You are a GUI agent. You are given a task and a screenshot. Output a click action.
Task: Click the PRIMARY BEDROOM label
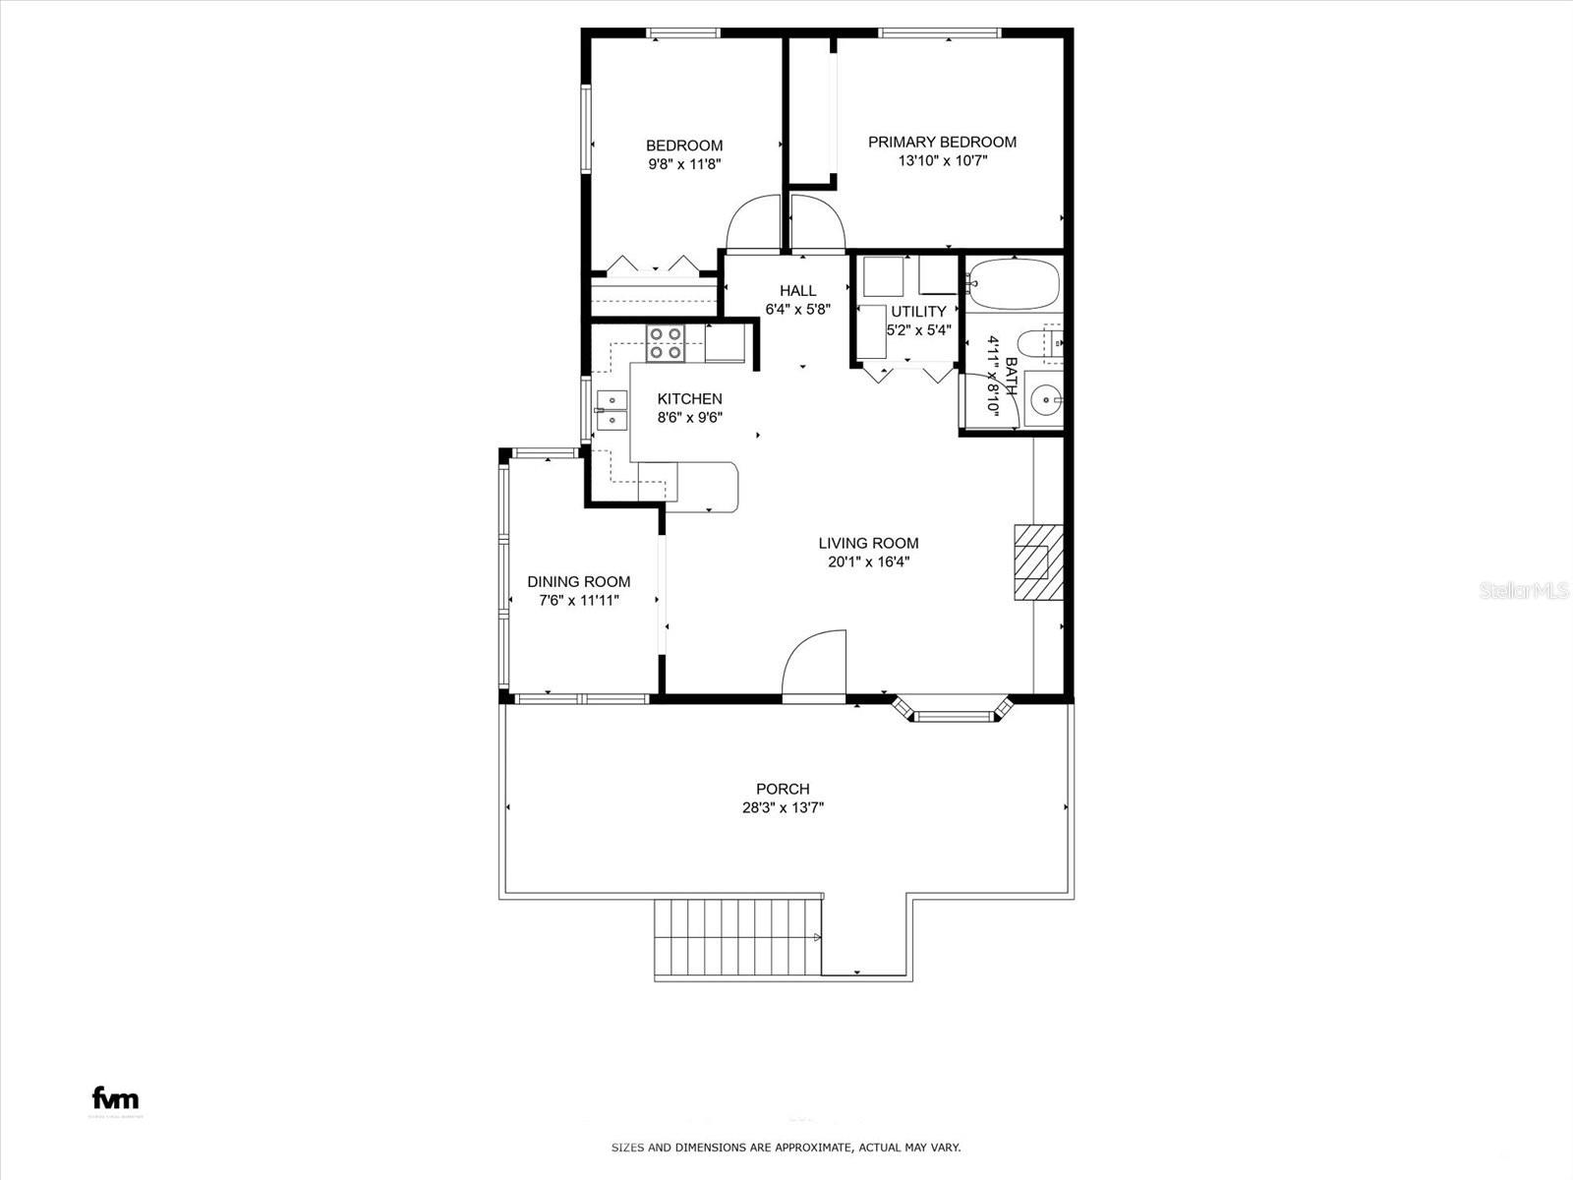pyautogui.click(x=942, y=142)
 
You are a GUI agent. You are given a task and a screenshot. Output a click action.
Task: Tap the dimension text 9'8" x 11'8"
pyautogui.click(x=684, y=165)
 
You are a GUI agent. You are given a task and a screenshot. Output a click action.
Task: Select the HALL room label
pyautogui.click(x=797, y=291)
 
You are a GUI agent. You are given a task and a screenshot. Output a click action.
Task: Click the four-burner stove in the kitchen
pyautogui.click(x=666, y=342)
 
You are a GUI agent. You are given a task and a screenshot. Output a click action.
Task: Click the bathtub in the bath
pyautogui.click(x=1013, y=283)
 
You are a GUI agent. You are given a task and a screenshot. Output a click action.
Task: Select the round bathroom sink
pyautogui.click(x=1044, y=399)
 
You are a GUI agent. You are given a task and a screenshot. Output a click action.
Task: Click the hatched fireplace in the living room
pyautogui.click(x=1038, y=561)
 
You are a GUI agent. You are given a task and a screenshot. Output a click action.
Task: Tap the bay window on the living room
pyautogui.click(x=952, y=710)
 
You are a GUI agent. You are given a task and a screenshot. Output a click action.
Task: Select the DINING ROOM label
pyautogui.click(x=578, y=582)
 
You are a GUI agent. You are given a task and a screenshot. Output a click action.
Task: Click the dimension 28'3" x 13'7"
pyautogui.click(x=783, y=808)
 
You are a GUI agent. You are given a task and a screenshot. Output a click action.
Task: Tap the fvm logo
pyautogui.click(x=115, y=1098)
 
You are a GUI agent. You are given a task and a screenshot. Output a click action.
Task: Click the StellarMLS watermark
pyautogui.click(x=1524, y=590)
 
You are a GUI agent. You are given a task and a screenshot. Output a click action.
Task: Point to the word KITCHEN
pyautogui.click(x=689, y=399)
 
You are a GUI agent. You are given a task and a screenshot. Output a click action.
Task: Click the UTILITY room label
pyautogui.click(x=918, y=312)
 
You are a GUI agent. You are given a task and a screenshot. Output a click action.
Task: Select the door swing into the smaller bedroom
pyautogui.click(x=753, y=223)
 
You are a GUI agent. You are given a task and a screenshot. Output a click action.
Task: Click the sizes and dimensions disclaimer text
pyautogui.click(x=786, y=1148)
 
